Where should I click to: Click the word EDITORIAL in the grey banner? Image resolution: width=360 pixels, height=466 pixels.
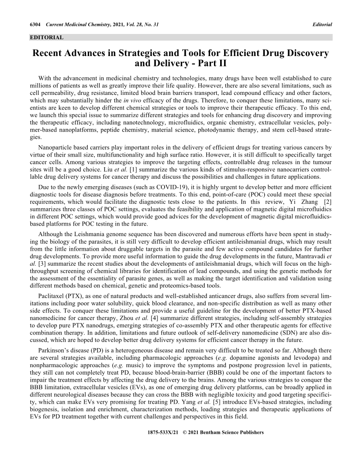coord(46,38)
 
